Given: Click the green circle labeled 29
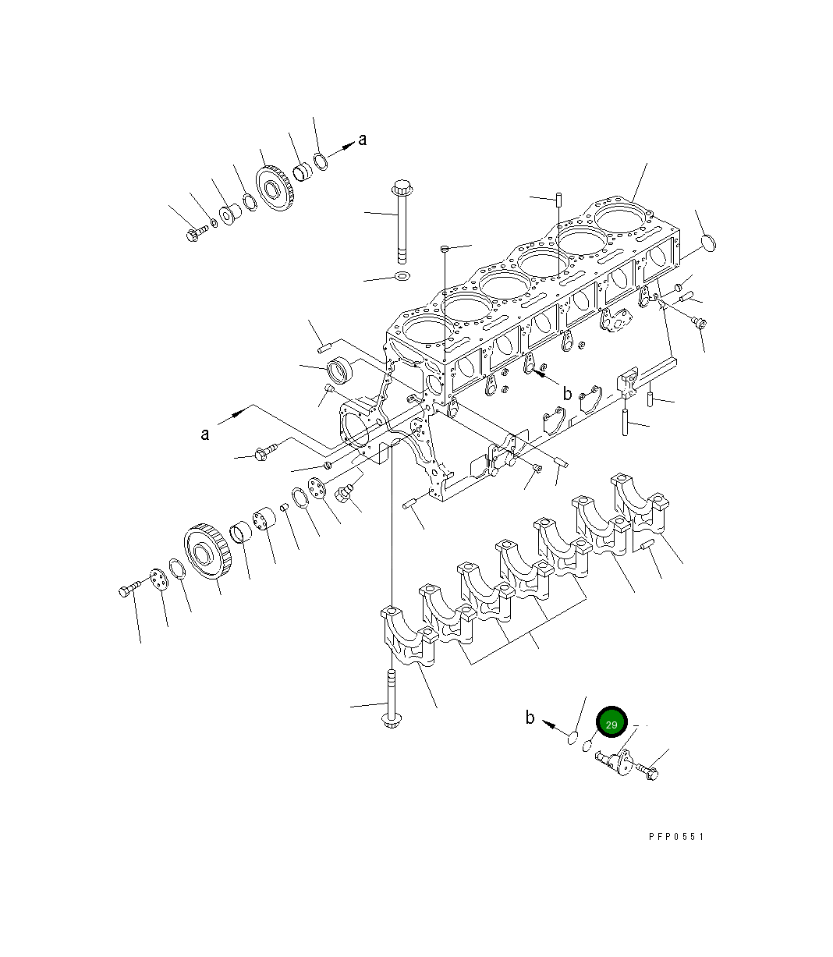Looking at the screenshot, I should click(611, 725).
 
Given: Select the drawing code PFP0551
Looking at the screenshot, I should click(676, 836).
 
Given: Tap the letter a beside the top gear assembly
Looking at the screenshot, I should click(362, 140).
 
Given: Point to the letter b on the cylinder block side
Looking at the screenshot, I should click(567, 394).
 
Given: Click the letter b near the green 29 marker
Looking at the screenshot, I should click(530, 718).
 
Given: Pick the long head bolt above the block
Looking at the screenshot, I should click(402, 222).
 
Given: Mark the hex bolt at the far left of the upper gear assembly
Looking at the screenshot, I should click(195, 232).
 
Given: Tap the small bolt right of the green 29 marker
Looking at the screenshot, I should click(648, 771).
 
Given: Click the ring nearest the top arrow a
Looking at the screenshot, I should click(321, 162).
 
